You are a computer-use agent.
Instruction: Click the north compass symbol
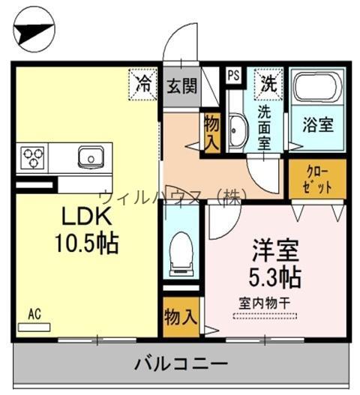coord(34,30)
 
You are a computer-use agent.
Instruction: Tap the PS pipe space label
coord(234,75)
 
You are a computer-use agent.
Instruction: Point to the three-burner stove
coord(32,157)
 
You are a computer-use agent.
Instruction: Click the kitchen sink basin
coord(91,157)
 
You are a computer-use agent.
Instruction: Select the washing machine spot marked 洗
coord(268,84)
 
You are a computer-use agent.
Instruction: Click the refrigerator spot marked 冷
coord(143,84)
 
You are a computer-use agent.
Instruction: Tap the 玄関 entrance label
coord(181,85)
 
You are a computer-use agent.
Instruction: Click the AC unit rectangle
coord(34,327)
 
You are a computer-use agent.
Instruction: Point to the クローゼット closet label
coord(317,180)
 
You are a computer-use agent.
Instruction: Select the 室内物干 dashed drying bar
coord(265,316)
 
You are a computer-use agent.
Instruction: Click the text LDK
coord(87,217)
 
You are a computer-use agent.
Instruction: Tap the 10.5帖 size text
coord(87,243)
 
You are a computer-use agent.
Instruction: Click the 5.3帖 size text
coord(275,277)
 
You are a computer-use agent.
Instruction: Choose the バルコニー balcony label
coord(181,364)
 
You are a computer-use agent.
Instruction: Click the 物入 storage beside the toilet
coord(181,317)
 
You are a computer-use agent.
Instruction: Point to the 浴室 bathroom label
coord(318,124)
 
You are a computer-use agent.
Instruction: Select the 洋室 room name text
coord(275,250)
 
